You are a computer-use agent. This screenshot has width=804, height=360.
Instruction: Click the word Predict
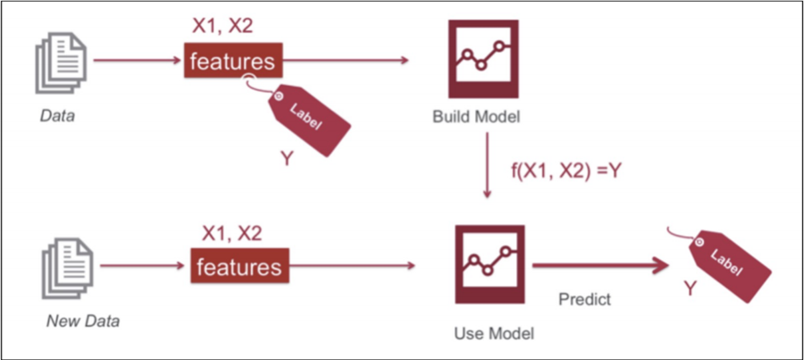tap(584, 299)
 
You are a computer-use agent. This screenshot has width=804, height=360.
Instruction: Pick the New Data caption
tap(83, 319)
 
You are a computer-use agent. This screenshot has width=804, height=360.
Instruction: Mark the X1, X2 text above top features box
tap(222, 26)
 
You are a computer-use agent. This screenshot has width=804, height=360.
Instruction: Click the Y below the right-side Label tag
tap(689, 289)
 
